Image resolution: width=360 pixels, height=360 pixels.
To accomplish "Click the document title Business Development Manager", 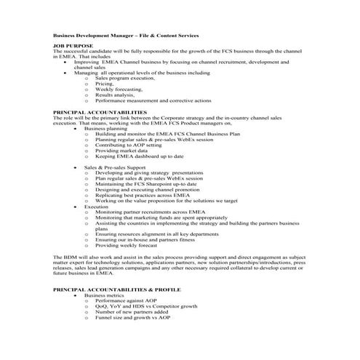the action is click(x=125, y=35).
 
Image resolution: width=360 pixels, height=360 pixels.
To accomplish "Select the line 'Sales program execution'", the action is click(x=121, y=78).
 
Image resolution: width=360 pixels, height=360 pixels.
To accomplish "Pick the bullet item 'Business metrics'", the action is click(x=104, y=296).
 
